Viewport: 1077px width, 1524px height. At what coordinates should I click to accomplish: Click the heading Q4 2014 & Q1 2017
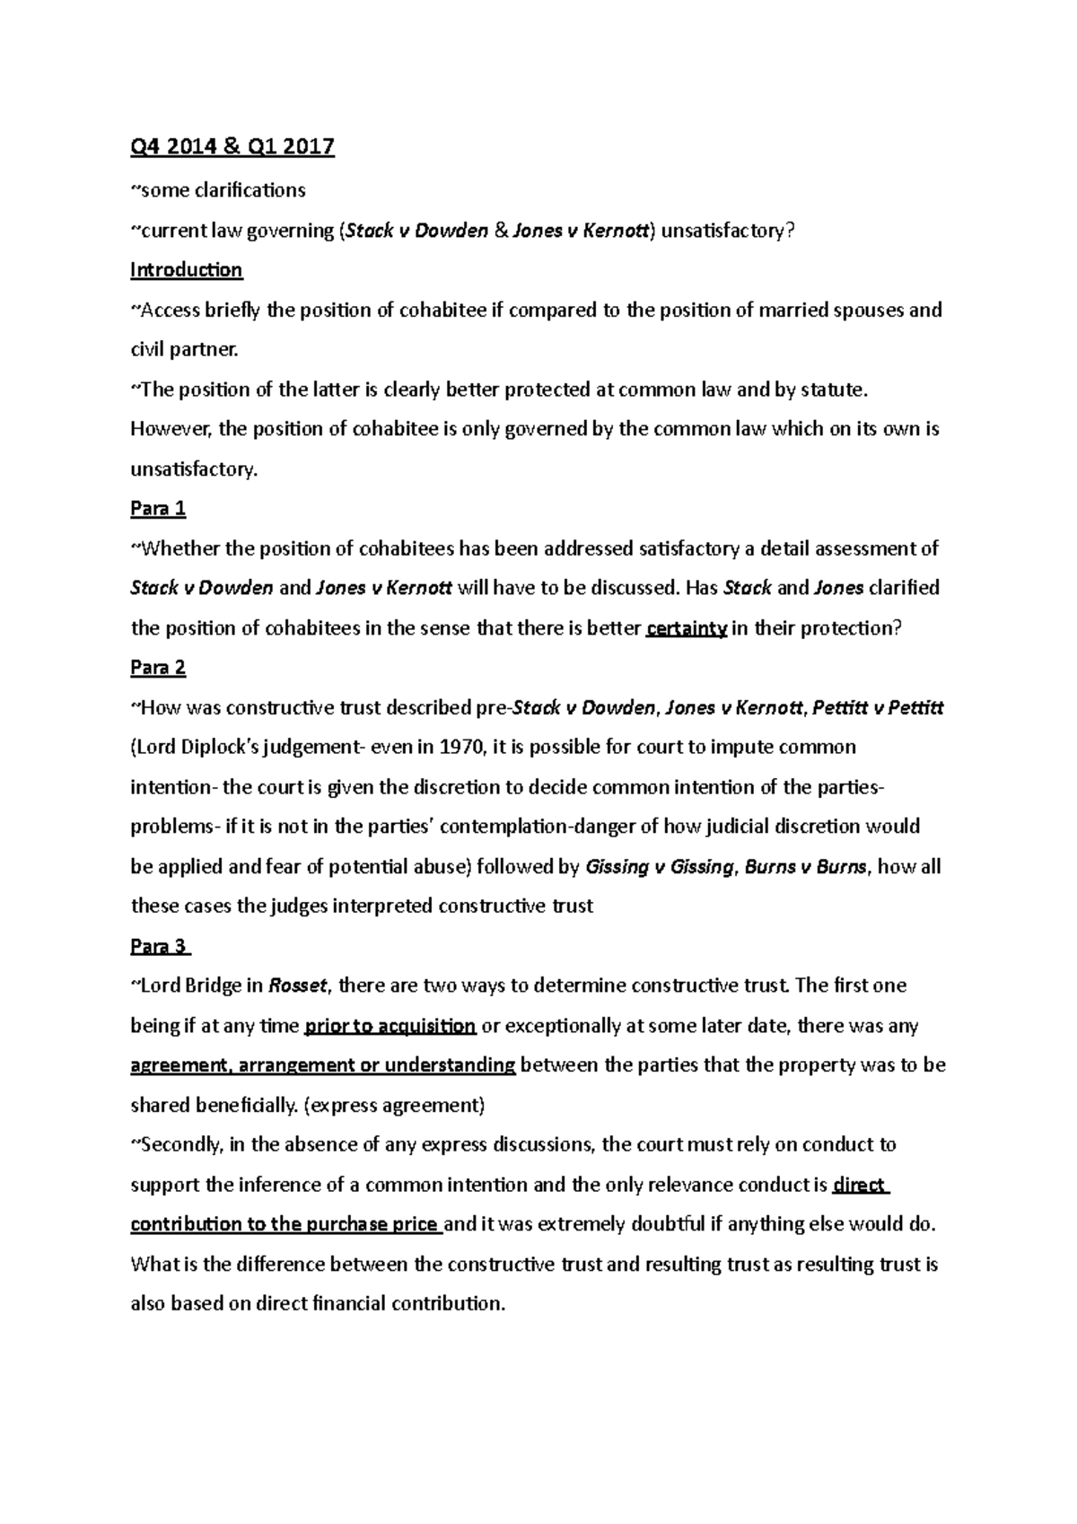(x=232, y=146)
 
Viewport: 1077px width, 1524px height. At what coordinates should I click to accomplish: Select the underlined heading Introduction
(x=186, y=270)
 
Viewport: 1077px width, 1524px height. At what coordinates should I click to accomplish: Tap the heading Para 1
(x=158, y=509)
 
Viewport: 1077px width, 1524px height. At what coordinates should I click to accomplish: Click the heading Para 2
(x=158, y=668)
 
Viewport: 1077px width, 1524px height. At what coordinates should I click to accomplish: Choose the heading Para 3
(x=160, y=947)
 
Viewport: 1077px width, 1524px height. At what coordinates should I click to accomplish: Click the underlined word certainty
(x=686, y=628)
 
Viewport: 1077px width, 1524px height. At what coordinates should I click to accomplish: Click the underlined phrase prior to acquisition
(x=390, y=1026)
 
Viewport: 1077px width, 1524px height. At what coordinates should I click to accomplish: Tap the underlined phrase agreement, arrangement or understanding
(x=323, y=1065)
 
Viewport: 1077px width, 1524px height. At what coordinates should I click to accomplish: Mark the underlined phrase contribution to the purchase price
(x=285, y=1225)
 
